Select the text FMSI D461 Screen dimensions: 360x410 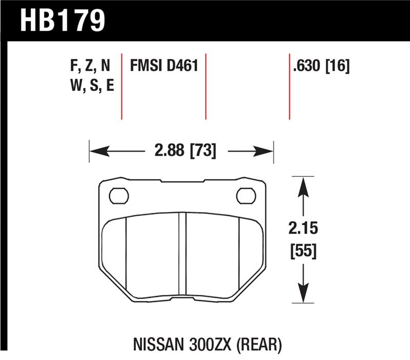(165, 67)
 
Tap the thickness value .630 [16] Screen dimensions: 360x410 (321, 67)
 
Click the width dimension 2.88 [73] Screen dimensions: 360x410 (182, 151)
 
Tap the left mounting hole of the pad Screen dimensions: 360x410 (119, 195)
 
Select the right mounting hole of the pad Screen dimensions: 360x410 (245, 195)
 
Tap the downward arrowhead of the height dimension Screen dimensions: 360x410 (304, 294)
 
